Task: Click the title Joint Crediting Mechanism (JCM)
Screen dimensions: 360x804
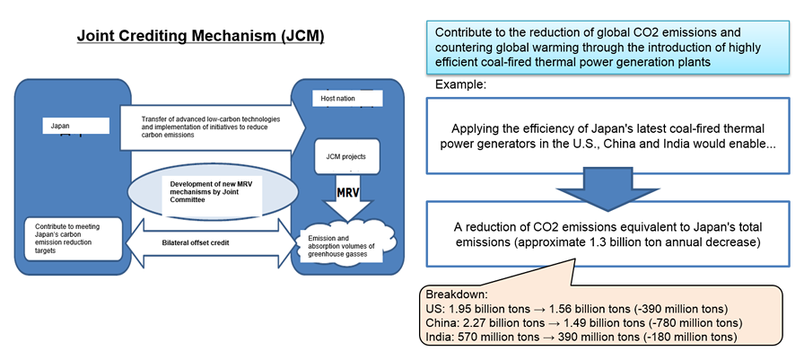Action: [200, 37]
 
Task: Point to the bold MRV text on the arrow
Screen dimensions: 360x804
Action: [350, 194]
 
